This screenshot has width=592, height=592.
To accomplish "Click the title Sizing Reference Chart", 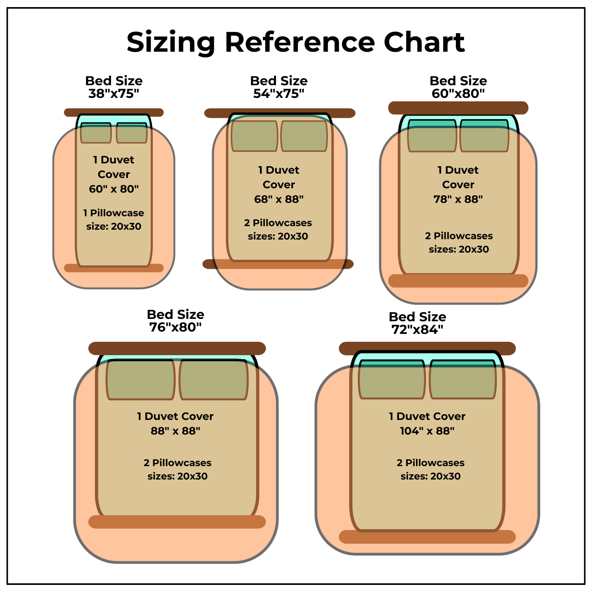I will click(296, 42).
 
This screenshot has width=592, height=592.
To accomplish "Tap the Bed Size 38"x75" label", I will click(114, 87).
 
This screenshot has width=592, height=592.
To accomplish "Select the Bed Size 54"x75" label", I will click(279, 87).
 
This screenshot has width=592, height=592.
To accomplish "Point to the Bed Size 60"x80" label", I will click(458, 87).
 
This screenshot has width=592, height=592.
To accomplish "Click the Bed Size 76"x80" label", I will click(175, 321).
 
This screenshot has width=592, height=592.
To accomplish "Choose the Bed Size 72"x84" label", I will click(417, 323).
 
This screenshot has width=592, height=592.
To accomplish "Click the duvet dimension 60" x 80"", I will click(114, 189).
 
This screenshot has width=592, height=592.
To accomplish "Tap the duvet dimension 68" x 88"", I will click(279, 199).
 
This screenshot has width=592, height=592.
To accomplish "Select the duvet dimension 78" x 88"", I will click(458, 199).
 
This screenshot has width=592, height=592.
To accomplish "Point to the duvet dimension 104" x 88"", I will click(427, 431).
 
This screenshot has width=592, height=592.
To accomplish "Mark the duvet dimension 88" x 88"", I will click(175, 431).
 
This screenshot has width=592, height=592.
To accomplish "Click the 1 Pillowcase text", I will click(114, 213).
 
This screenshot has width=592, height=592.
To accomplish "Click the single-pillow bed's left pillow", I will click(96, 133).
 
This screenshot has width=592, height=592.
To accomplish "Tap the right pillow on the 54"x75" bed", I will click(304, 136).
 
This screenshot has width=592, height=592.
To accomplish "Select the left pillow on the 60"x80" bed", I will click(432, 136).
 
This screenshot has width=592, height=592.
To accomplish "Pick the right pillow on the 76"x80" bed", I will click(214, 380).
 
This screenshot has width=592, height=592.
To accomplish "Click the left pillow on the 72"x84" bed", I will click(392, 379).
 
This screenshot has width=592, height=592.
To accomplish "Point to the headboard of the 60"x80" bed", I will click(458, 108).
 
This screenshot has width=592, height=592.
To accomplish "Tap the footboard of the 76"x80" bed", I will click(177, 522).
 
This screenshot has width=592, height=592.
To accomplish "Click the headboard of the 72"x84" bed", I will click(427, 348).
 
